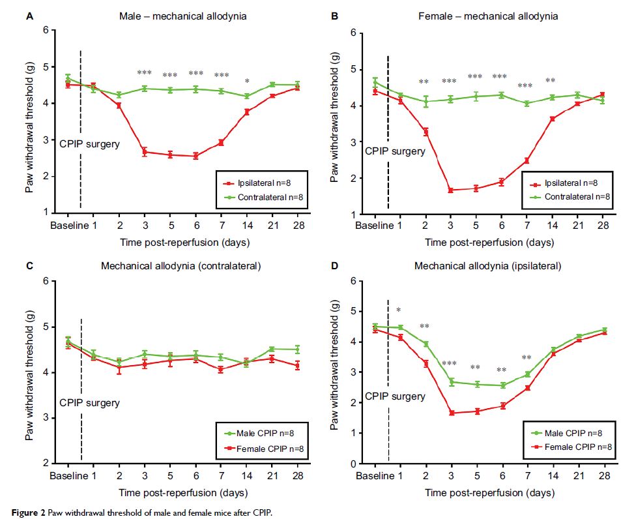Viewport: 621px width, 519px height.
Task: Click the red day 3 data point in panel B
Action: [x=450, y=190]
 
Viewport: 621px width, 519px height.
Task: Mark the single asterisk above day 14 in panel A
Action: [x=247, y=82]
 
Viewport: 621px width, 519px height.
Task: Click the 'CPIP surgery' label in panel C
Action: [x=89, y=403]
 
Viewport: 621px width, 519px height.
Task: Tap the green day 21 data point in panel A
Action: [x=272, y=85]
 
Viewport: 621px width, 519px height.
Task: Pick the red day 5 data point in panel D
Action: [x=476, y=411]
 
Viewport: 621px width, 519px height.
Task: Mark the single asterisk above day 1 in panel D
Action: [x=399, y=310]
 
